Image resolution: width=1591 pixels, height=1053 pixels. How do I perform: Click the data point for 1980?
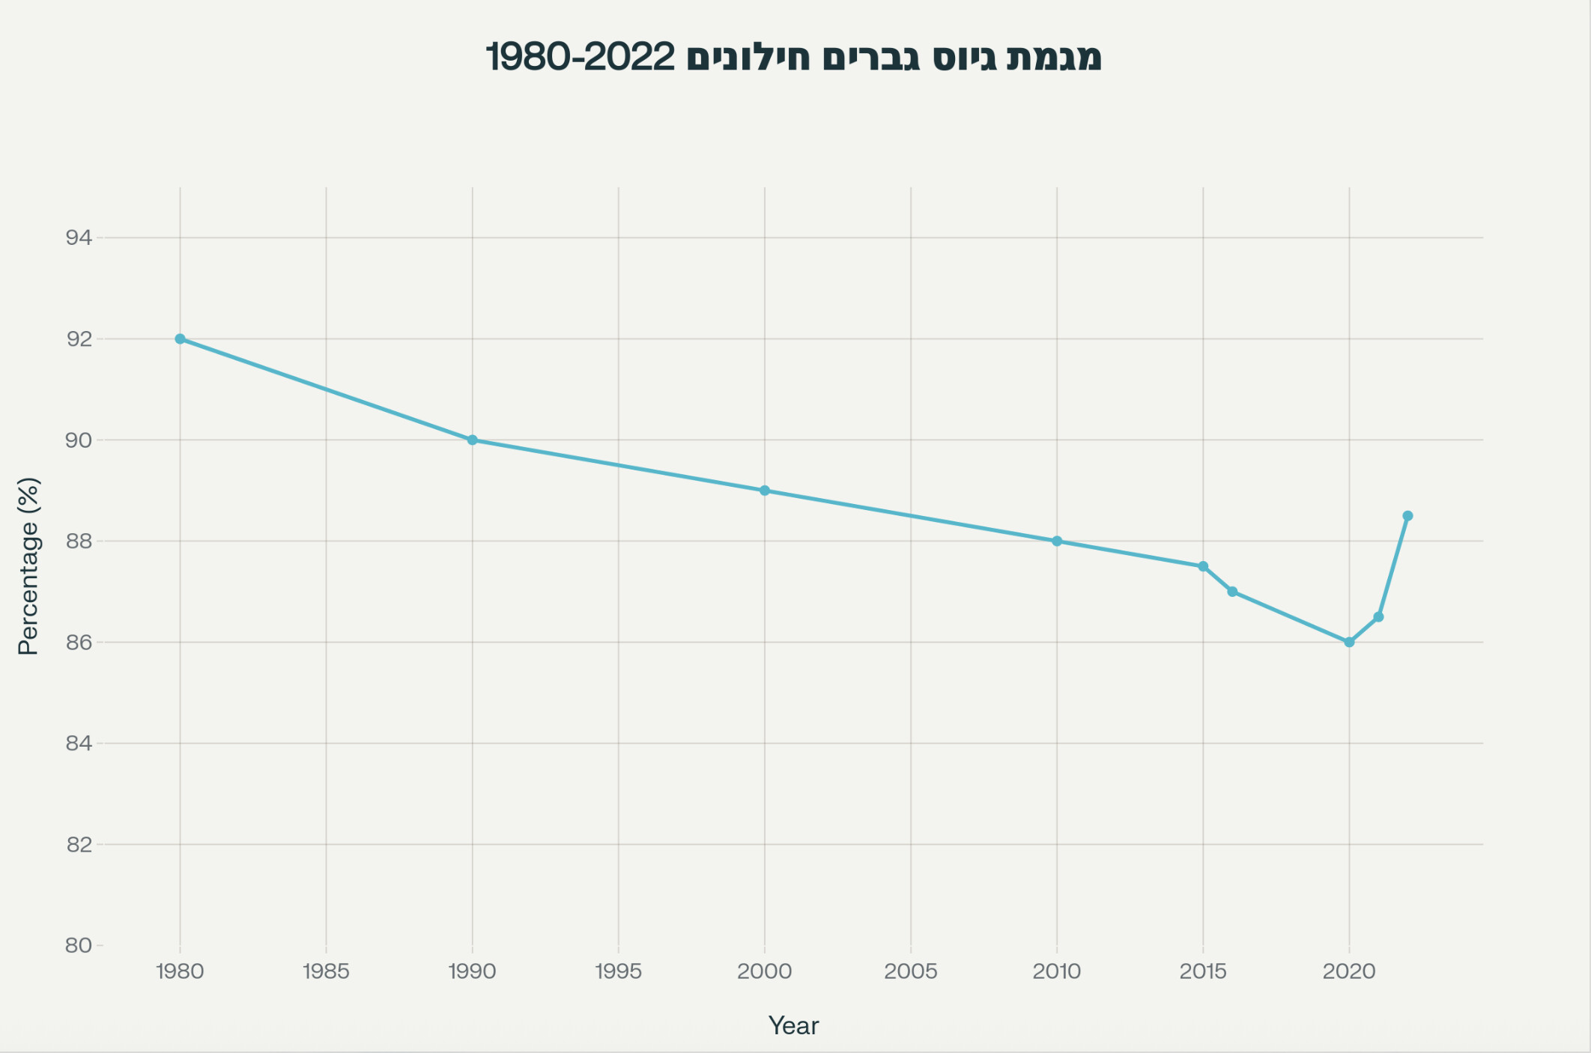[x=180, y=339]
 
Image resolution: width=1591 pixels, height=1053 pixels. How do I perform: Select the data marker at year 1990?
[x=473, y=440]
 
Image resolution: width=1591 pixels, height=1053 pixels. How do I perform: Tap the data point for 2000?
[x=765, y=491]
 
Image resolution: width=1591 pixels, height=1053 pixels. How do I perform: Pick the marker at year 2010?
[x=1057, y=541]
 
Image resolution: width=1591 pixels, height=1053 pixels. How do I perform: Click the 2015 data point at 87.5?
[x=1203, y=566]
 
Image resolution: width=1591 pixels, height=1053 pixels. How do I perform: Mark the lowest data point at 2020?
[x=1349, y=642]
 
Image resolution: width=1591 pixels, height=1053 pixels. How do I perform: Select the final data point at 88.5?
[x=1407, y=516]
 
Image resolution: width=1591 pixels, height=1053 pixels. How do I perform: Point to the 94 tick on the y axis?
[x=79, y=238]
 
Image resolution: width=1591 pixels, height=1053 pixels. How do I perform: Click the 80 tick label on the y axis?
[x=79, y=946]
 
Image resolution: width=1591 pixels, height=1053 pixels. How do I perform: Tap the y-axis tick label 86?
[x=79, y=643]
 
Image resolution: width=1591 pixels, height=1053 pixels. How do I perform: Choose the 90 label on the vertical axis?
[x=79, y=440]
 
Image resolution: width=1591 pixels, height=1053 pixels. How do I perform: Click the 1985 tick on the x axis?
[x=326, y=972]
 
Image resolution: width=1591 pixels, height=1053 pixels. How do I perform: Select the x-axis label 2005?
[x=911, y=972]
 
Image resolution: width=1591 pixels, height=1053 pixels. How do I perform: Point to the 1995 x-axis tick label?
[x=618, y=972]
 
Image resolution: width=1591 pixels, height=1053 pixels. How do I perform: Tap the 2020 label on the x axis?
[x=1349, y=972]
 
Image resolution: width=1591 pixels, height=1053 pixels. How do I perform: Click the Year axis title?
[x=794, y=1026]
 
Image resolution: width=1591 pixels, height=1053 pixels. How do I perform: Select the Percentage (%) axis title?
[x=28, y=566]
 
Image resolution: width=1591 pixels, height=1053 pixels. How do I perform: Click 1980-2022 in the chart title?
[x=581, y=58]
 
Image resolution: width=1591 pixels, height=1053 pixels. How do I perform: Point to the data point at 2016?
[x=1232, y=592]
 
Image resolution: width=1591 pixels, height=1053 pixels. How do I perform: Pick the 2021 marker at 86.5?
[x=1378, y=617]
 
